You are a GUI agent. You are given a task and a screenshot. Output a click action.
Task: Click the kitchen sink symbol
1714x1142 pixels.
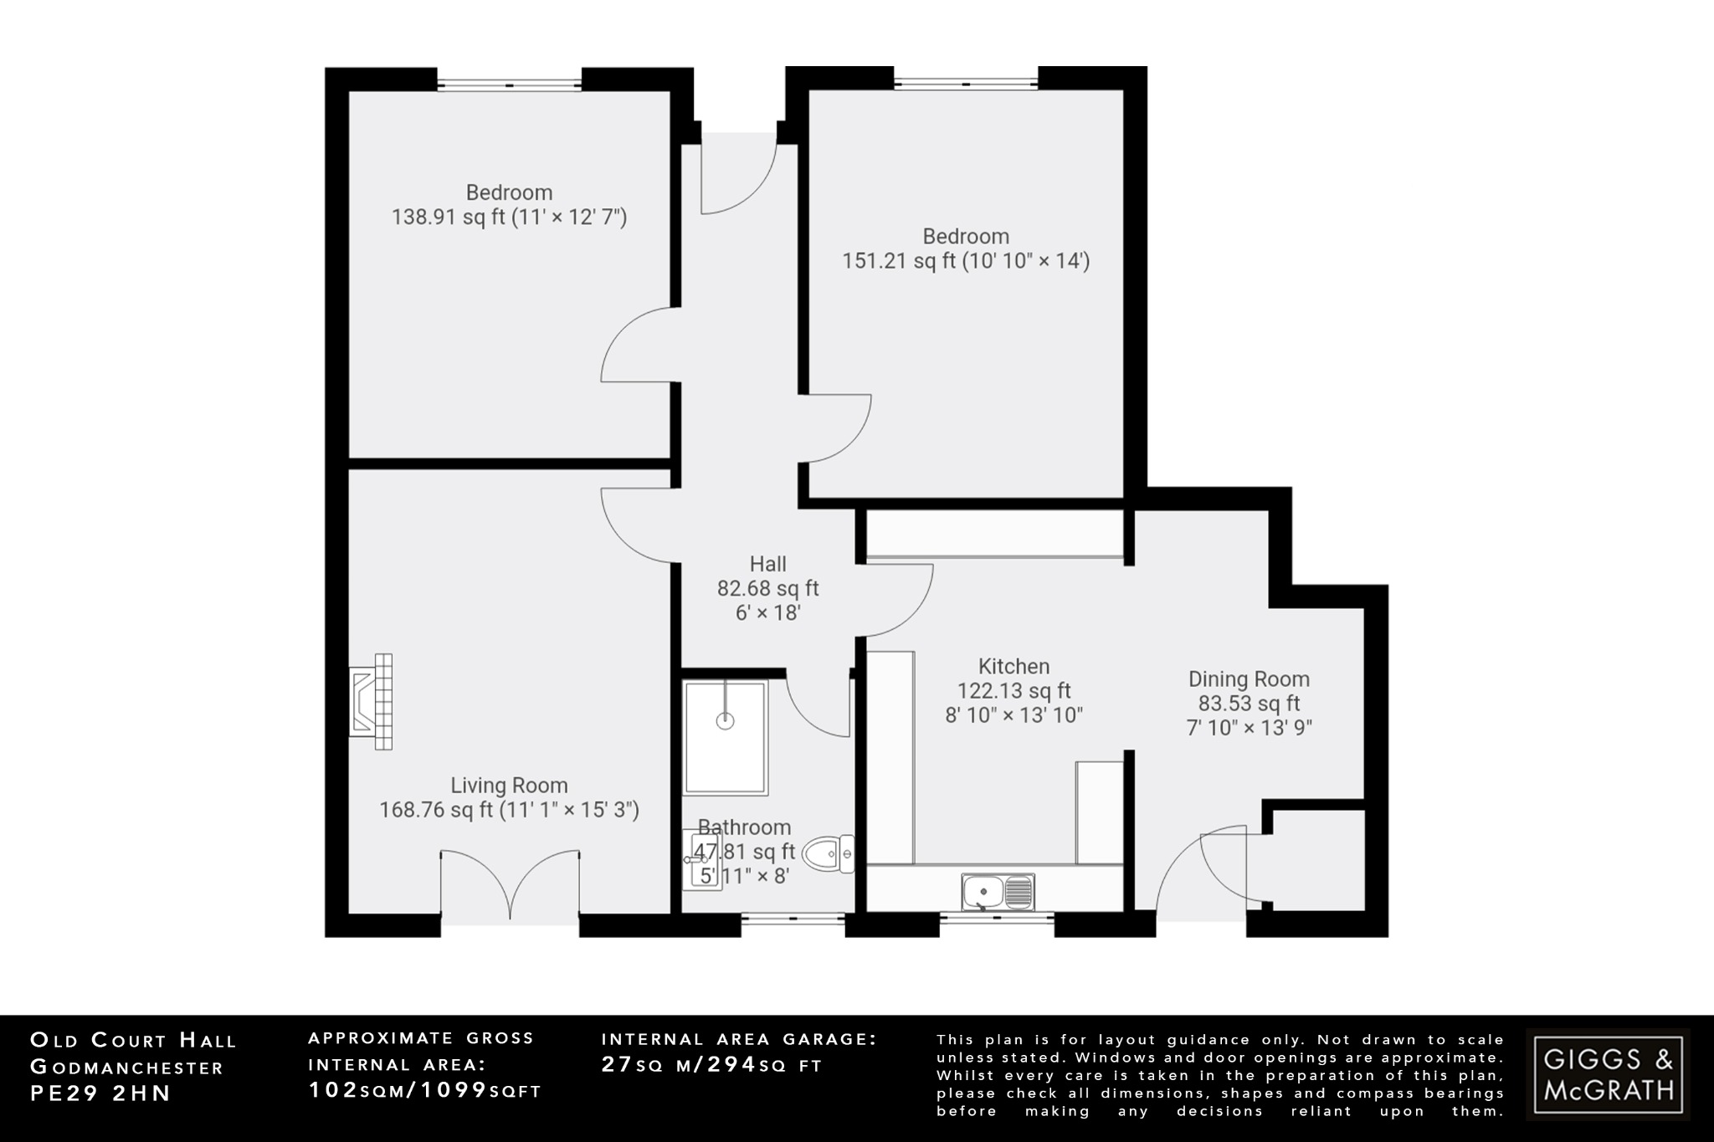[x=998, y=892]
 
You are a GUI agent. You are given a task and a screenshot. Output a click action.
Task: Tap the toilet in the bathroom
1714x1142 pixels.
[x=829, y=855]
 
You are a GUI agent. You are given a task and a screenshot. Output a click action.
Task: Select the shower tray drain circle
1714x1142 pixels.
[x=726, y=720]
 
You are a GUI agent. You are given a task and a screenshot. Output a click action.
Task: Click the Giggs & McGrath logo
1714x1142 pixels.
[x=1608, y=1074]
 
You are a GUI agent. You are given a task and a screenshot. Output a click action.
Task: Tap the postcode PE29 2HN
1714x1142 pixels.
[x=100, y=1093]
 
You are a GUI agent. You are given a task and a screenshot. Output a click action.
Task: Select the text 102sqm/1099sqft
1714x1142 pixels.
[x=425, y=1090]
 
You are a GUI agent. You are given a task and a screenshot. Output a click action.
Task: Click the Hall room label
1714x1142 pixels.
[x=767, y=564]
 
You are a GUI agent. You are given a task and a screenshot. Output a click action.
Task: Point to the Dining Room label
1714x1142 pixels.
[x=1249, y=679]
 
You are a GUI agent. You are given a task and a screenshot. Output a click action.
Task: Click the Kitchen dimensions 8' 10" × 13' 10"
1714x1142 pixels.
[x=1014, y=715]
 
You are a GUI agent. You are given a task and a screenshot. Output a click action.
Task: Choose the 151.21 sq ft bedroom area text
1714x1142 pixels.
[x=965, y=261]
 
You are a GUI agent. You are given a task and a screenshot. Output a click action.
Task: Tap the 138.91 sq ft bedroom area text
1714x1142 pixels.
[x=509, y=218]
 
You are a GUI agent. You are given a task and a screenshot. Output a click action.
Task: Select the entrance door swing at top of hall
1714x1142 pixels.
[x=736, y=180]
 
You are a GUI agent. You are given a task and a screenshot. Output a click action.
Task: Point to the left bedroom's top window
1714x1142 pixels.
[x=509, y=83]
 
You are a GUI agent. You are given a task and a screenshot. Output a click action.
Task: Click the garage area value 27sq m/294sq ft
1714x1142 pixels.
[x=711, y=1065]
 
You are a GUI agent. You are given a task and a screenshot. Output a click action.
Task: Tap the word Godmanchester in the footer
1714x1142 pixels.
[x=127, y=1068]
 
